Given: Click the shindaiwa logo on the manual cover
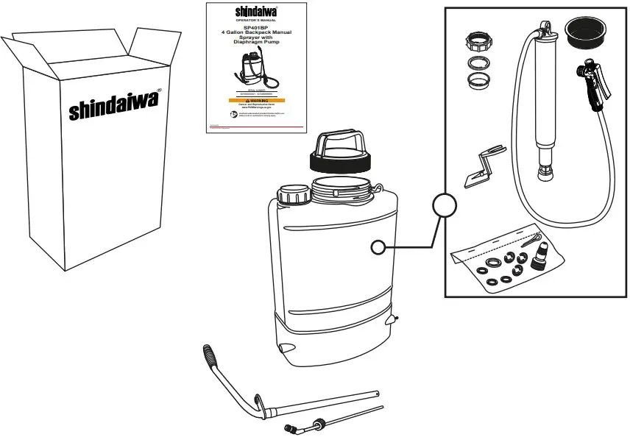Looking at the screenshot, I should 255,11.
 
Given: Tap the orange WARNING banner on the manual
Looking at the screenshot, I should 255,100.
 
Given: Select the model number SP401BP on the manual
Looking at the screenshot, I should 255,28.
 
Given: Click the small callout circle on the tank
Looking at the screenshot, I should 378,248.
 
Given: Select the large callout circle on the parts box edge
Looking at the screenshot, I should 445,205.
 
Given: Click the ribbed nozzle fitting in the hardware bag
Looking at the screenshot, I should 541,257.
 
